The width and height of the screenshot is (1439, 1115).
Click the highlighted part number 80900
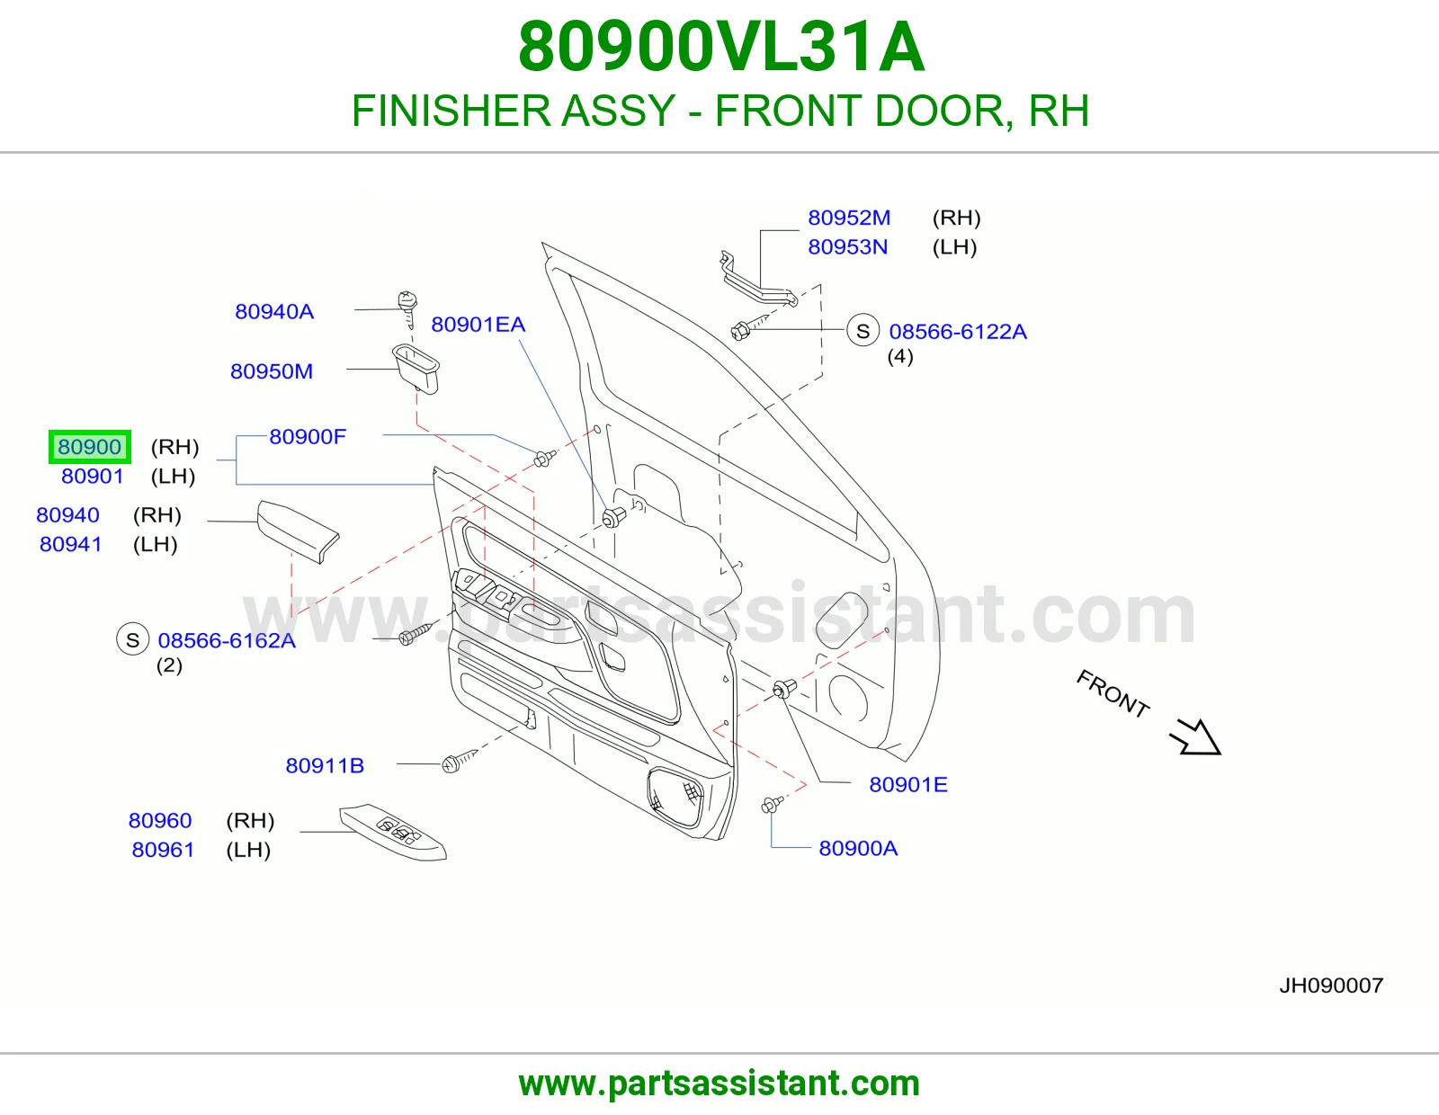[89, 447]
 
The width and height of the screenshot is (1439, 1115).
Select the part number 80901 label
[92, 476]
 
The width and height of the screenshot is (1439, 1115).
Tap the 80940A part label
[274, 311]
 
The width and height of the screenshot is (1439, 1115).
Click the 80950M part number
[272, 371]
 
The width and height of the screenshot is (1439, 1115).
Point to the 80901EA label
[478, 325]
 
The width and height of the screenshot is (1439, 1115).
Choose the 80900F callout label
[308, 436]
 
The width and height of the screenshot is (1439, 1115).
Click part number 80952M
[849, 218]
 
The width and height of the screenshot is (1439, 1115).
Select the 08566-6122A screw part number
[958, 332]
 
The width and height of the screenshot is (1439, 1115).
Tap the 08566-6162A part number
[227, 640]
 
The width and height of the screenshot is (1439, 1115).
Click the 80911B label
[325, 765]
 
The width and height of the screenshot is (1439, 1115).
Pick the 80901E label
[907, 785]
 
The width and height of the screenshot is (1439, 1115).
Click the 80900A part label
[858, 848]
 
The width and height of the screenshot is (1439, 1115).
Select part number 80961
[163, 850]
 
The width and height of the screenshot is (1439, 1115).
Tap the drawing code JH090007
[1331, 986]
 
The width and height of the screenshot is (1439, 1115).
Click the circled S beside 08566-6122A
[863, 330]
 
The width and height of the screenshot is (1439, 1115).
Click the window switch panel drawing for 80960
[393, 833]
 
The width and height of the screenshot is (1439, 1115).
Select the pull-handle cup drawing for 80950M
[416, 368]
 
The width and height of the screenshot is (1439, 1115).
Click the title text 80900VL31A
[721, 47]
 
